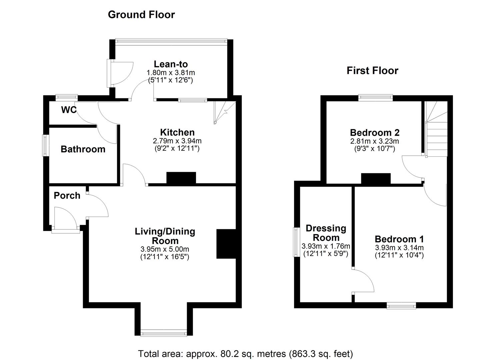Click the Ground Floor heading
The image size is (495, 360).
click(141, 15)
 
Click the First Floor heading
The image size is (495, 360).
click(372, 71)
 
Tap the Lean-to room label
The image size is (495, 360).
click(171, 64)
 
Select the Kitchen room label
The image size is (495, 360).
click(177, 132)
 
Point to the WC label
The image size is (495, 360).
click(69, 110)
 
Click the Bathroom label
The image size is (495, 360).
click(83, 149)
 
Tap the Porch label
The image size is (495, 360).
click(67, 195)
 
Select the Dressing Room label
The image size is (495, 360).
click(326, 233)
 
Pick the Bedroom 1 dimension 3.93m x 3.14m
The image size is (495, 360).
click(399, 248)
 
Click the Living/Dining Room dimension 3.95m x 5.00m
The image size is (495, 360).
click(165, 249)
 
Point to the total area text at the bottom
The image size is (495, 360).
click(245, 353)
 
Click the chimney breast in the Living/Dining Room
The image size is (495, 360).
click(226, 244)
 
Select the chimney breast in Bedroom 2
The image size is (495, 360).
click(376, 179)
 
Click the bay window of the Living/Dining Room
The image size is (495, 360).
click(164, 332)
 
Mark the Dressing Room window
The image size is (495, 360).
click(295, 242)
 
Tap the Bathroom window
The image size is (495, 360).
click(45, 145)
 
